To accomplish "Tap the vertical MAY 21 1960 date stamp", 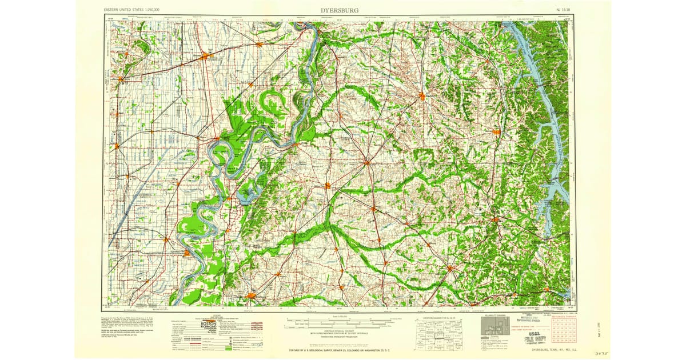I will pos(597,332).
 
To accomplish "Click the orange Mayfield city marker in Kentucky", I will pos(422,96).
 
